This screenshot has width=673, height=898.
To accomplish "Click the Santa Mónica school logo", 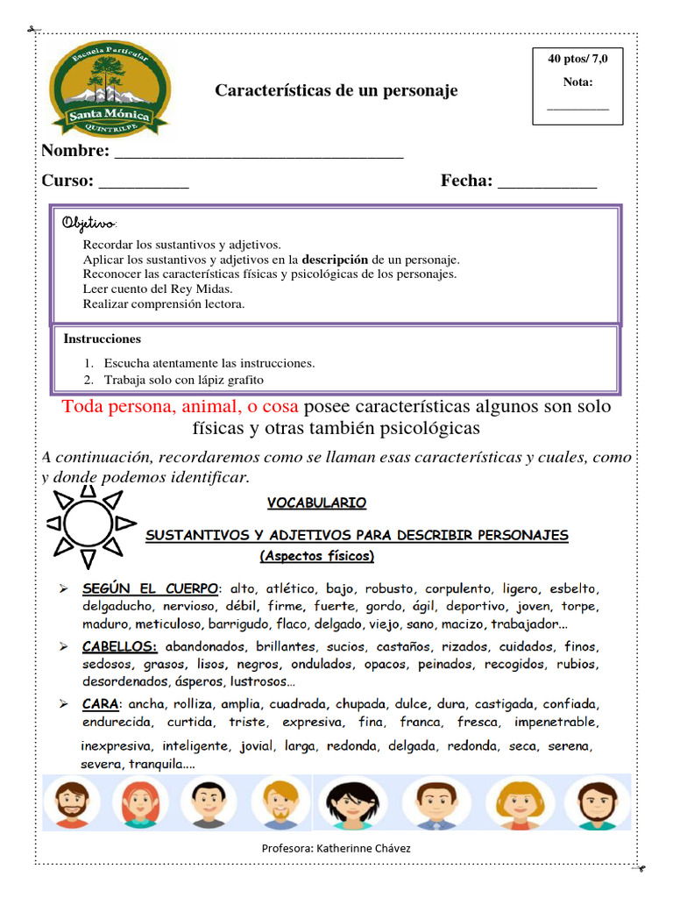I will coord(110,89).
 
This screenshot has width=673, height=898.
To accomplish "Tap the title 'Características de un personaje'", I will coord(336,91).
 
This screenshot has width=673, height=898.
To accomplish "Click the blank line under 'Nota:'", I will coord(577,107).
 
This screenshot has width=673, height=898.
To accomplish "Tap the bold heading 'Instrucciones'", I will coord(103,339).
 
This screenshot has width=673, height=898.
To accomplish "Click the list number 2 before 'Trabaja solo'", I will coord(89,380).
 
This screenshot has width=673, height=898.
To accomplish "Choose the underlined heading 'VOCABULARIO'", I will coord(316,503).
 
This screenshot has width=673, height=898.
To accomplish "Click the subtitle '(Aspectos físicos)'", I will coord(317,556).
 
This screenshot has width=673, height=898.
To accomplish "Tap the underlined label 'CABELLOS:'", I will coord(120,646).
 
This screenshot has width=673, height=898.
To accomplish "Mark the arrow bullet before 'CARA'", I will coord(64,704).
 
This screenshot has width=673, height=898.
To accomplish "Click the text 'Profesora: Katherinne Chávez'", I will coord(336,849).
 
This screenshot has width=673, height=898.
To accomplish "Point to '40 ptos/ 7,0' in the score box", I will coord(577,59).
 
